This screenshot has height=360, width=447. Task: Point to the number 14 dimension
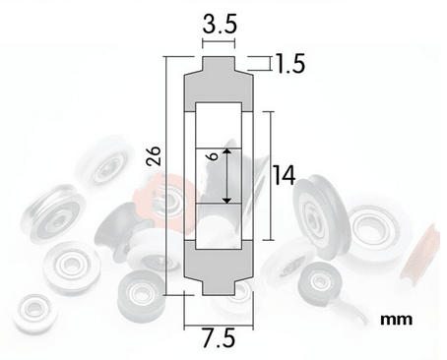click(285, 176)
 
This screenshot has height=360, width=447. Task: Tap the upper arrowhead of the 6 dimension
click(226, 151)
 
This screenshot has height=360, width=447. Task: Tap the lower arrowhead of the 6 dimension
click(226, 200)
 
